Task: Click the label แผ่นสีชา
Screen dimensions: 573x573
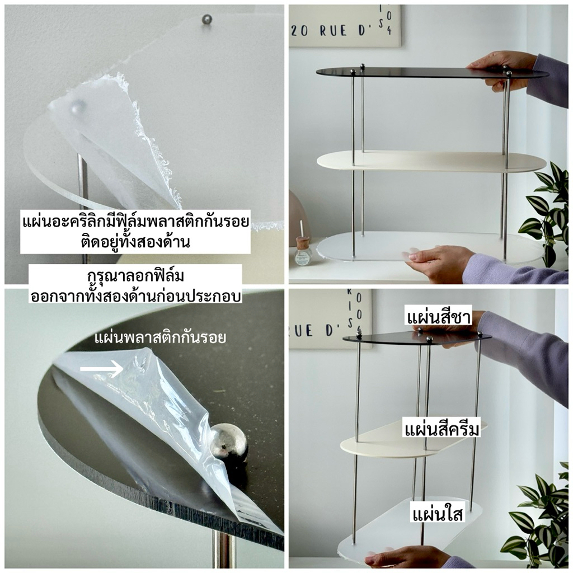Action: [439, 318]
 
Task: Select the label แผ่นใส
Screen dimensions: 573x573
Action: [438, 514]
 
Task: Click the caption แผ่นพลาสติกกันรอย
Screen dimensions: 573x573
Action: [160, 337]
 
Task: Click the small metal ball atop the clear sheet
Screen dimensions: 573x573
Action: [207, 20]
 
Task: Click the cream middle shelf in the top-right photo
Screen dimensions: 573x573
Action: [431, 161]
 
